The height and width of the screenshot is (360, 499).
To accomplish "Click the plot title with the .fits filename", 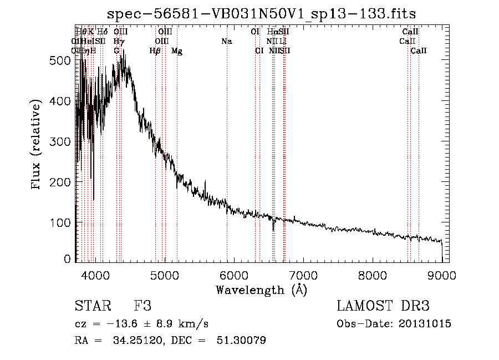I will (262, 13).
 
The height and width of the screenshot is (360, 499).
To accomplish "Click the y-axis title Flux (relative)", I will (37, 145).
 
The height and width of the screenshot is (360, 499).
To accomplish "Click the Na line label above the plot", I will (226, 41).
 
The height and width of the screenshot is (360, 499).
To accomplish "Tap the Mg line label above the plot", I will (177, 51).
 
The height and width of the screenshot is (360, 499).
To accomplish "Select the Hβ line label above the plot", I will (155, 51).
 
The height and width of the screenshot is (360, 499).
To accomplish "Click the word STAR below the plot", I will (92, 306).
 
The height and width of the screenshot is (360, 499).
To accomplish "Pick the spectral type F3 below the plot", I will (142, 306).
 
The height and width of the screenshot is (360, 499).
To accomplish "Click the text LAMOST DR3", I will (383, 306).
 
